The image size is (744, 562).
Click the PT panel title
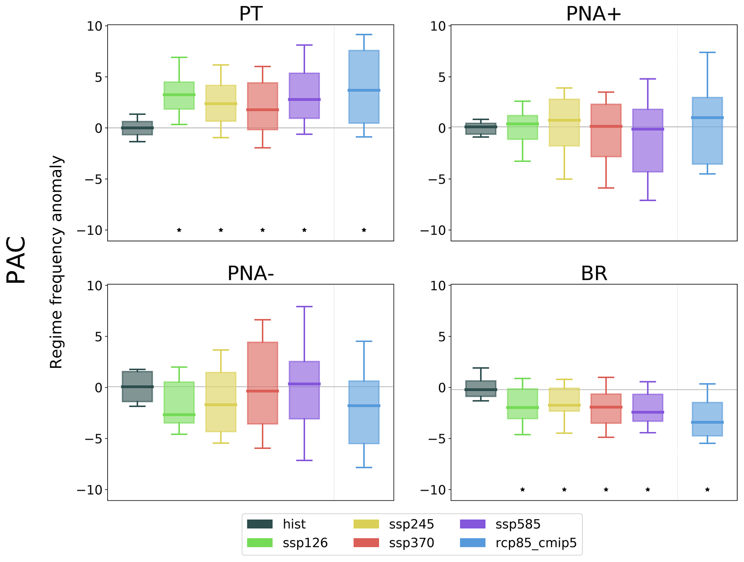pos(251,14)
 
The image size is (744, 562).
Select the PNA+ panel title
pos(594,14)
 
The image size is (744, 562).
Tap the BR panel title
pos(594,273)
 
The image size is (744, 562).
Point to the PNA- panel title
pos(251,273)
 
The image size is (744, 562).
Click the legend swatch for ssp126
pos(260,543)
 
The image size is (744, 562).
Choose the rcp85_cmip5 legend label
pos(536,543)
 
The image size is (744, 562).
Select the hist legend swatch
pos(260,524)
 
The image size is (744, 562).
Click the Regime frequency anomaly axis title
pos(57,262)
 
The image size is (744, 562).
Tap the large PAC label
pos(17,260)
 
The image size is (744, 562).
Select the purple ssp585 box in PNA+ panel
pos(648,140)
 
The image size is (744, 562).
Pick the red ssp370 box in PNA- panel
pos(262,383)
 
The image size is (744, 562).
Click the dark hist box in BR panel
pos(481,388)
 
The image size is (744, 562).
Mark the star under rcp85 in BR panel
pos(707,490)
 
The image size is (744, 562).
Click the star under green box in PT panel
pos(179,230)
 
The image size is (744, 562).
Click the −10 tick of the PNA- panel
pos(90,490)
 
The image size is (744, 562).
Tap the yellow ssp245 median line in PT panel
pos(221,104)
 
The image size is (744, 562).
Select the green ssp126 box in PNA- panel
pos(179,402)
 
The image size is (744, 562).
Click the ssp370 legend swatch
pos(366,543)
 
